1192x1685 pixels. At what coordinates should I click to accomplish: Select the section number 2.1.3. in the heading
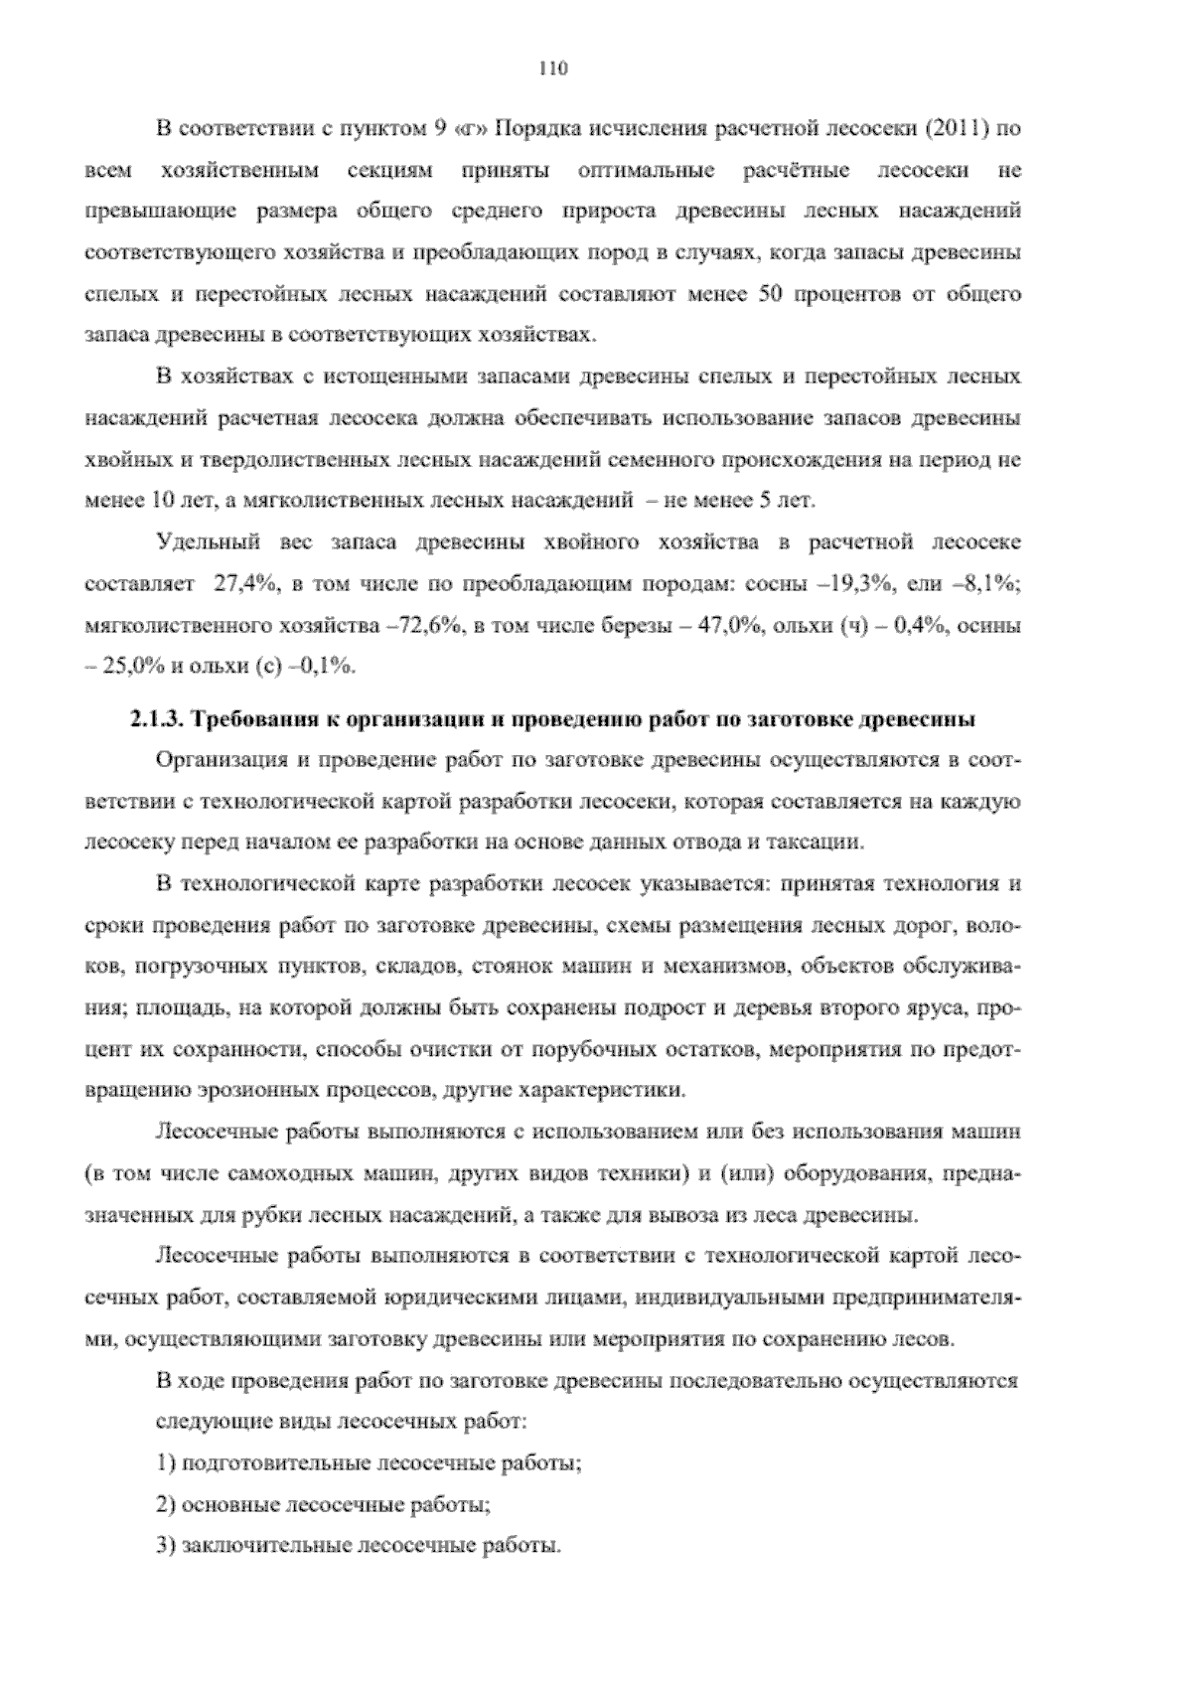coord(152,718)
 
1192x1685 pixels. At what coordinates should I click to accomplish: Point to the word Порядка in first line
coord(532,129)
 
